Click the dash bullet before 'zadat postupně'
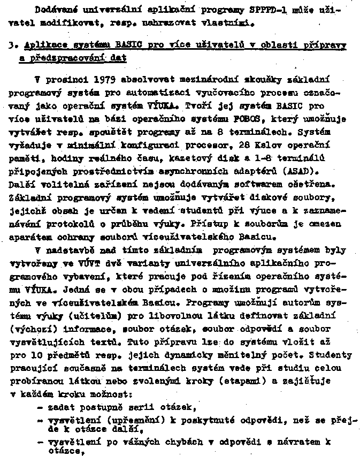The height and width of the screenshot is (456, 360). pos(41,407)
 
